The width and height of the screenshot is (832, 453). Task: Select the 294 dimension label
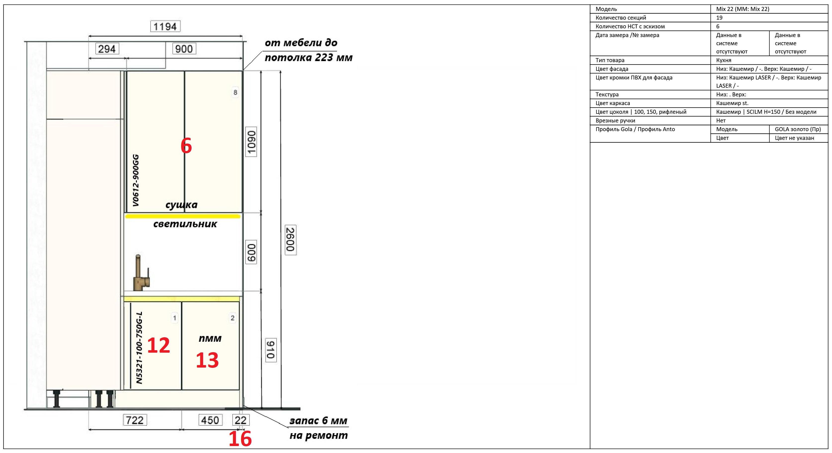click(107, 49)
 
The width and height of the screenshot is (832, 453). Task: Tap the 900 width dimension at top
click(184, 49)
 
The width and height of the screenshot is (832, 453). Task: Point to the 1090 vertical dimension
click(251, 142)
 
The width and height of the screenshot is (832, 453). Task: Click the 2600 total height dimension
click(290, 240)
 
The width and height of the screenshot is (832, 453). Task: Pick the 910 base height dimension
click(271, 350)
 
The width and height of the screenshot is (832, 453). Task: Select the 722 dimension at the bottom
click(135, 420)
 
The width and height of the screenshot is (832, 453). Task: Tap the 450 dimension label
click(210, 420)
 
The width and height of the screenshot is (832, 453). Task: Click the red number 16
click(240, 439)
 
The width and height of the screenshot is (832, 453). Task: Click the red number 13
click(207, 360)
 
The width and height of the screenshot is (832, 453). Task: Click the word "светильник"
click(185, 224)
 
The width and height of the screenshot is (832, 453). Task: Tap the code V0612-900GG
click(136, 180)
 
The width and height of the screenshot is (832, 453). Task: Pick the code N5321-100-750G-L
click(139, 348)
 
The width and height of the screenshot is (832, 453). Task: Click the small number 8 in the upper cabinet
click(235, 92)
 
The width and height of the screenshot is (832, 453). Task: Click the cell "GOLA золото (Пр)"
click(797, 129)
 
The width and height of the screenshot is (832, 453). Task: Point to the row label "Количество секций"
click(621, 18)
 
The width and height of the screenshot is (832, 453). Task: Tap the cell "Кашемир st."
click(732, 103)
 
